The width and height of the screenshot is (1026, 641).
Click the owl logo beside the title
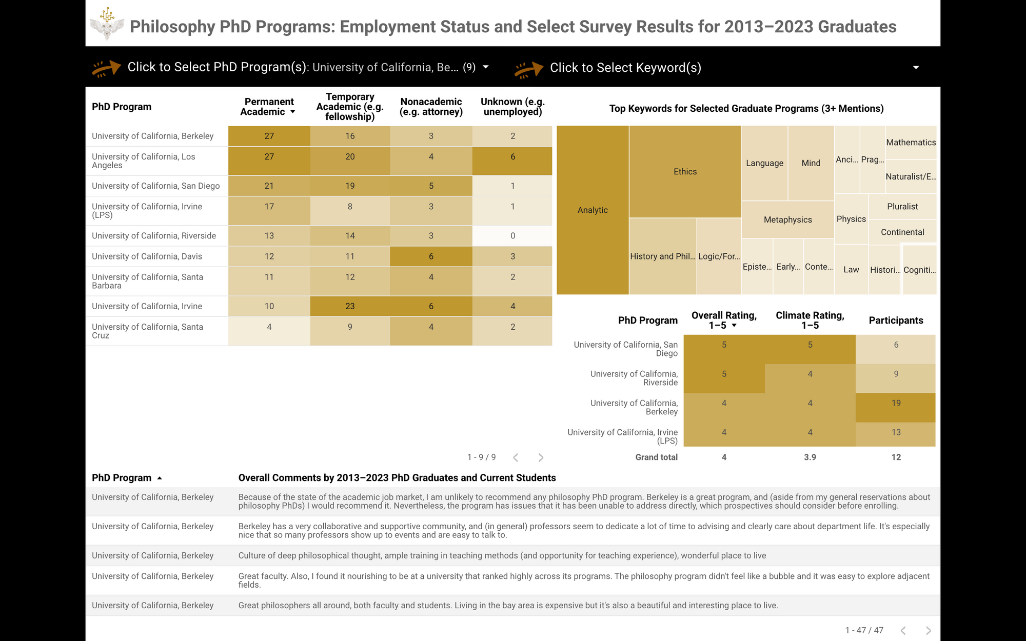(x=107, y=24)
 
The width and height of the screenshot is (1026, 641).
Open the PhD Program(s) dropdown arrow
(x=486, y=67)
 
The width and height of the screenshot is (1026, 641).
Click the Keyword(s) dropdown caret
(x=916, y=68)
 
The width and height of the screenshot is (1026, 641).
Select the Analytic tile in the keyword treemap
(x=593, y=210)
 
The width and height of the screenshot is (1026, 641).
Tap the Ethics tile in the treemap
(x=685, y=172)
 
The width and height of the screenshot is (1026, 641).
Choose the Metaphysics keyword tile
(x=787, y=220)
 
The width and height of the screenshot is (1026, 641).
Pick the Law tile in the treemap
(x=851, y=270)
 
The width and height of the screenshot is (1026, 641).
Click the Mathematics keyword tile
(x=911, y=143)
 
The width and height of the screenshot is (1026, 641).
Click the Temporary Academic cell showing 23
(x=350, y=306)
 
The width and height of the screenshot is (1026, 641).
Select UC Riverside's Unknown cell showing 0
(x=512, y=236)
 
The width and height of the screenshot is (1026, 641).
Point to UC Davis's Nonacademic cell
(x=431, y=256)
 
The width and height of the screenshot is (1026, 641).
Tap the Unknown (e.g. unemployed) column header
(x=512, y=107)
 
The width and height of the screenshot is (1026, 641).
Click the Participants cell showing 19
(x=896, y=404)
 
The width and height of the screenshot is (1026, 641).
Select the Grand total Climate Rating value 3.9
(x=810, y=457)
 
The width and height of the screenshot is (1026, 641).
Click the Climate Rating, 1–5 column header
(x=810, y=320)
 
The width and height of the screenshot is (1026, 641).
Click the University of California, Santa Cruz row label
(x=148, y=331)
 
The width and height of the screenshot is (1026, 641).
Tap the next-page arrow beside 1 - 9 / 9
(x=541, y=457)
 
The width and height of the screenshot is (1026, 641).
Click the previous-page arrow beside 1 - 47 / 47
(x=903, y=630)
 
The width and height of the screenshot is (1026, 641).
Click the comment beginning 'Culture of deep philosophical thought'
(x=502, y=556)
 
